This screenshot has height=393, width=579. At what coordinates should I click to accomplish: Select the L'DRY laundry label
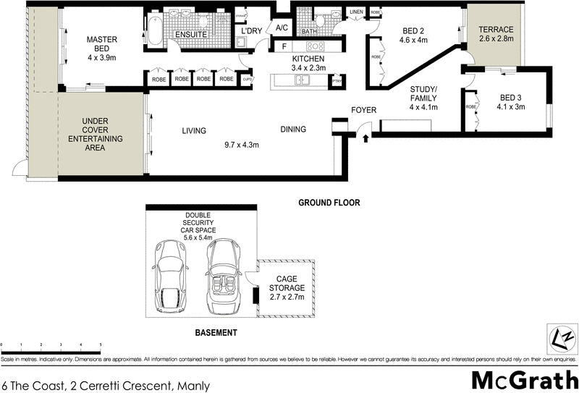251,31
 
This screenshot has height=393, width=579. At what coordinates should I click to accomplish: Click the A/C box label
282,28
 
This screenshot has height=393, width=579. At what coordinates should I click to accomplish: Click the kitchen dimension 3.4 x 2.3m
308,68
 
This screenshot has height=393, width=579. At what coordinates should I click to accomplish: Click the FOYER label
363,110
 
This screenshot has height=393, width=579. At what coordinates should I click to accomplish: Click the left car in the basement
171,274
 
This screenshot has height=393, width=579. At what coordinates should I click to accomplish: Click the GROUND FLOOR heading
329,203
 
